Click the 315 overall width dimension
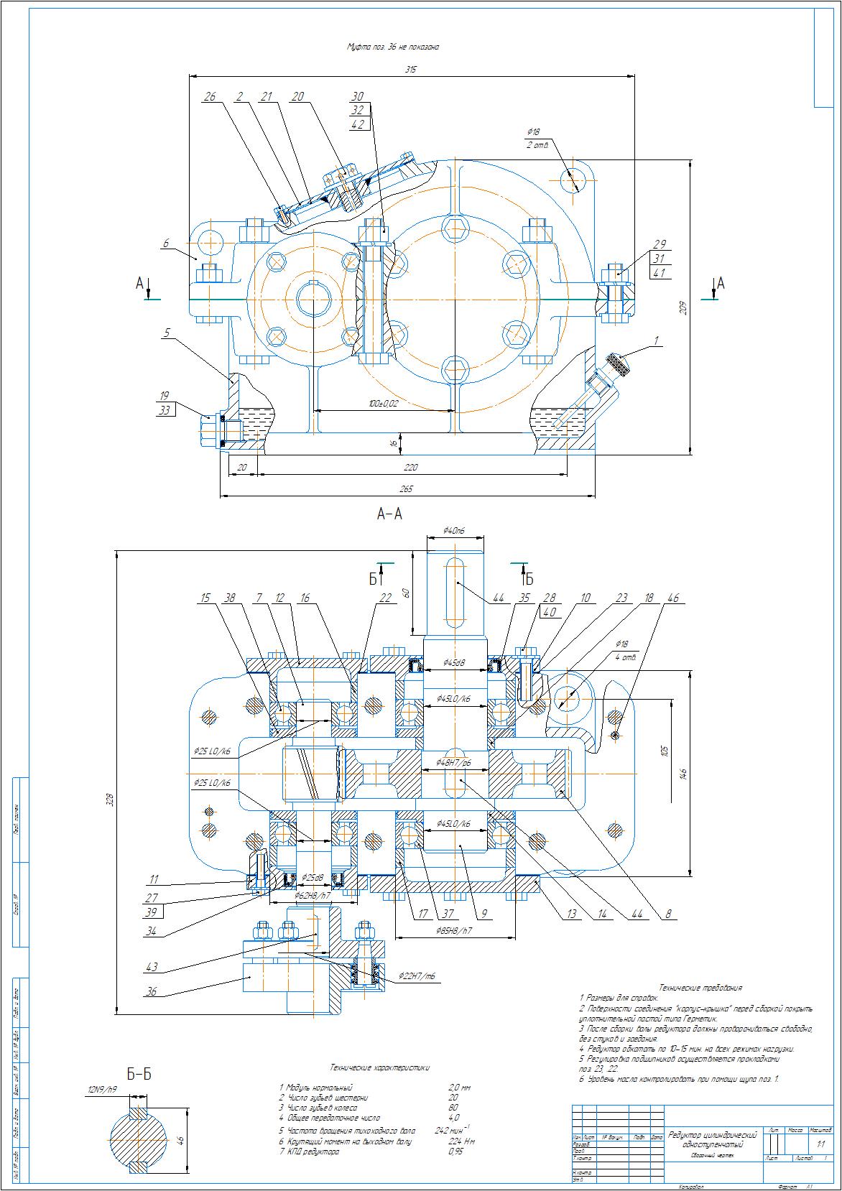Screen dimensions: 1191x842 [x=411, y=70]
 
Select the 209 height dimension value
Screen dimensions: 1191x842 [x=683, y=307]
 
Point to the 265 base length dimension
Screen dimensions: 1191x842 [x=407, y=489]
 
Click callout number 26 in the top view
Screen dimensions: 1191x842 [x=210, y=96]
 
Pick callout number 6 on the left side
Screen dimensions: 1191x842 [x=166, y=244]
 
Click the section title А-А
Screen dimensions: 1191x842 [x=389, y=514]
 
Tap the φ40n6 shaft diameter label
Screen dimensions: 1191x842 [x=455, y=531]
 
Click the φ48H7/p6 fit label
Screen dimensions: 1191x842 [x=455, y=761]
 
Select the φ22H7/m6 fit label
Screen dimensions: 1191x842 [x=416, y=976]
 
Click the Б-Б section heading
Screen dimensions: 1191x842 [x=139, y=1074]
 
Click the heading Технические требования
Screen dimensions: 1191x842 [x=700, y=988]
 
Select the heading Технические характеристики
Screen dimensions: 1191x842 [x=379, y=1067]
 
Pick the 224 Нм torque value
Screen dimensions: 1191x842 [x=461, y=1140]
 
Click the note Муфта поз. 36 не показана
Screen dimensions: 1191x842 [x=393, y=47]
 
